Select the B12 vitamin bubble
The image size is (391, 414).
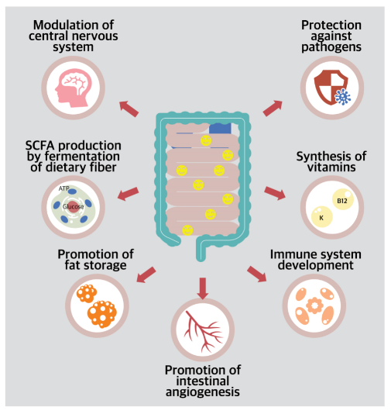pos(341,202)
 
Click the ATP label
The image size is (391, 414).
pos(63,188)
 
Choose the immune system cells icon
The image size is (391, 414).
pos(314,305)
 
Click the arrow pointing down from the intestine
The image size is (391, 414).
pos(203,287)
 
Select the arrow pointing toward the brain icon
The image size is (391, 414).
pos(129,108)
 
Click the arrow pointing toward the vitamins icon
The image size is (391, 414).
pos(276,192)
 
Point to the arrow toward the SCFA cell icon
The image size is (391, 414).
pos(128,192)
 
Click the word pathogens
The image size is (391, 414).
pos(332,47)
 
